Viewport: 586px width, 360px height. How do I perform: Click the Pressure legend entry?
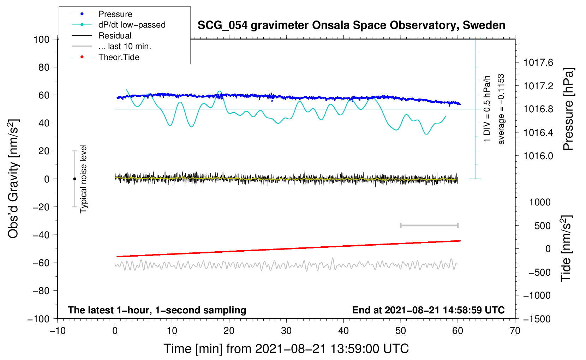point(115,14)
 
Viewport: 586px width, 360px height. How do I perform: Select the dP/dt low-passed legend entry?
point(132,25)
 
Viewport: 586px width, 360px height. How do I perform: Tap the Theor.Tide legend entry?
point(119,57)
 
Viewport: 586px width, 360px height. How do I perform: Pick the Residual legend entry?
point(115,36)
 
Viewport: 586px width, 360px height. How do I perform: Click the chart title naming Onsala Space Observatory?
point(351,25)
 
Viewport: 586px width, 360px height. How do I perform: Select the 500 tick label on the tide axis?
point(543,226)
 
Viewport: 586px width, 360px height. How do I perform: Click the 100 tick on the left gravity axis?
point(42,39)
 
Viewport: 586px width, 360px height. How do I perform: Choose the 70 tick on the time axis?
point(515,331)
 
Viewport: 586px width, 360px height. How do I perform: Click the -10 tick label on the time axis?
point(57,331)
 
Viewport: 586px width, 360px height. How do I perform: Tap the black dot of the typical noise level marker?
point(74,179)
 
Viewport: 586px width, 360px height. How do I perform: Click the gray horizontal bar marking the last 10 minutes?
point(429,225)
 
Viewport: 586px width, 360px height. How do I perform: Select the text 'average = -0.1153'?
point(501,109)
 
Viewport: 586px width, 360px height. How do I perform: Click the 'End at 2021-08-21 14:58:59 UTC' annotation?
point(428,310)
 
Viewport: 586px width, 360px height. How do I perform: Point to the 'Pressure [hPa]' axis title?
point(568,109)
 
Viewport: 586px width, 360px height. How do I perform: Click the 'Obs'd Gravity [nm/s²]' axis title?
point(13,179)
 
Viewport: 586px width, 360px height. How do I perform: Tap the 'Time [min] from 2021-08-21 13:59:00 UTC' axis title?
point(286,349)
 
